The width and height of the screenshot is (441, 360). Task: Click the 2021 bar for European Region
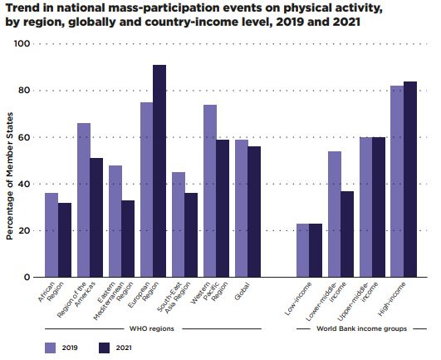pyautogui.click(x=159, y=170)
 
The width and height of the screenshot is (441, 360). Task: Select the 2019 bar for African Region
pyautogui.click(x=51, y=235)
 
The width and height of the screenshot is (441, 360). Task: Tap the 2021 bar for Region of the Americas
pyautogui.click(x=96, y=218)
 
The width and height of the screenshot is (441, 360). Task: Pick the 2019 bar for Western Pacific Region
pyautogui.click(x=210, y=191)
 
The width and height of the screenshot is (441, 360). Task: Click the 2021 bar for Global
pyautogui.click(x=254, y=212)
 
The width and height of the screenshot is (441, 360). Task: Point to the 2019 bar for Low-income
pyautogui.click(x=303, y=250)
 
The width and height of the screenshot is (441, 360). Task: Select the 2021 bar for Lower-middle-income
pyautogui.click(x=347, y=234)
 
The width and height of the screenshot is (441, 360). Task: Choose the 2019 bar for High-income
pyautogui.click(x=397, y=181)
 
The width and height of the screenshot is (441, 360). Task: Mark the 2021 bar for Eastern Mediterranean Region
pyautogui.click(x=128, y=239)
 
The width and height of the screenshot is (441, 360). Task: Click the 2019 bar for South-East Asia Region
pyautogui.click(x=179, y=224)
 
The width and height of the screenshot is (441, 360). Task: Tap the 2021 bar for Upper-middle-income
pyautogui.click(x=379, y=207)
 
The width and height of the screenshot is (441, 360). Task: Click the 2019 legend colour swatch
pyautogui.click(x=51, y=348)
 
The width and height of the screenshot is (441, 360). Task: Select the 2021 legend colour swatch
pyautogui.click(x=105, y=348)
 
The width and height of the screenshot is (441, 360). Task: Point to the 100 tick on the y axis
pyautogui.click(x=22, y=43)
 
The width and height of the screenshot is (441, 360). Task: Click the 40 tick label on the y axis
pyautogui.click(x=22, y=184)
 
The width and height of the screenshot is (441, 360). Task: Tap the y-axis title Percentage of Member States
pyautogui.click(x=10, y=176)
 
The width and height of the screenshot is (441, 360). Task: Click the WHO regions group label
pyautogui.click(x=152, y=328)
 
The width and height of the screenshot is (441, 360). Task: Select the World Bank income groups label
pyautogui.click(x=362, y=328)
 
